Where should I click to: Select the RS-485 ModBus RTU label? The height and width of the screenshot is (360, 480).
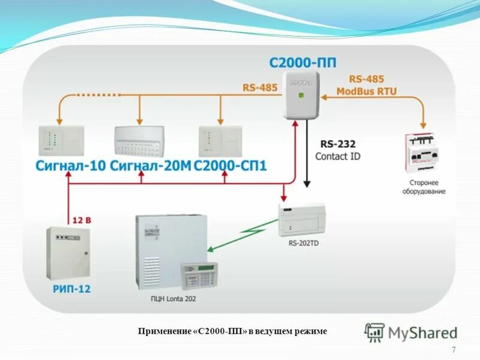coord(367,85)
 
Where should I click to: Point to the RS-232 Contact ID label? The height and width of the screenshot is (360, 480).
coord(338,150)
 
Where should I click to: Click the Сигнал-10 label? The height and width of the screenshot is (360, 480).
coord(70,165)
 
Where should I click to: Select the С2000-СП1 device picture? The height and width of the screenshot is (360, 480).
coord(220,141)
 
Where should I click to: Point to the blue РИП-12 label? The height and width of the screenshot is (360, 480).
coord(71,289)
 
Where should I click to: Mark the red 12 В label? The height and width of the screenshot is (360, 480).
coord(82,220)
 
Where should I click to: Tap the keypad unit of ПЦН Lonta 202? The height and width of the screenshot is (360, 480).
coord(199,276)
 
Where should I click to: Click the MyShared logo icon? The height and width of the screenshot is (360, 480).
coord(374,332)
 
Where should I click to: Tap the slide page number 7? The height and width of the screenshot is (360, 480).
coord(453,350)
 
